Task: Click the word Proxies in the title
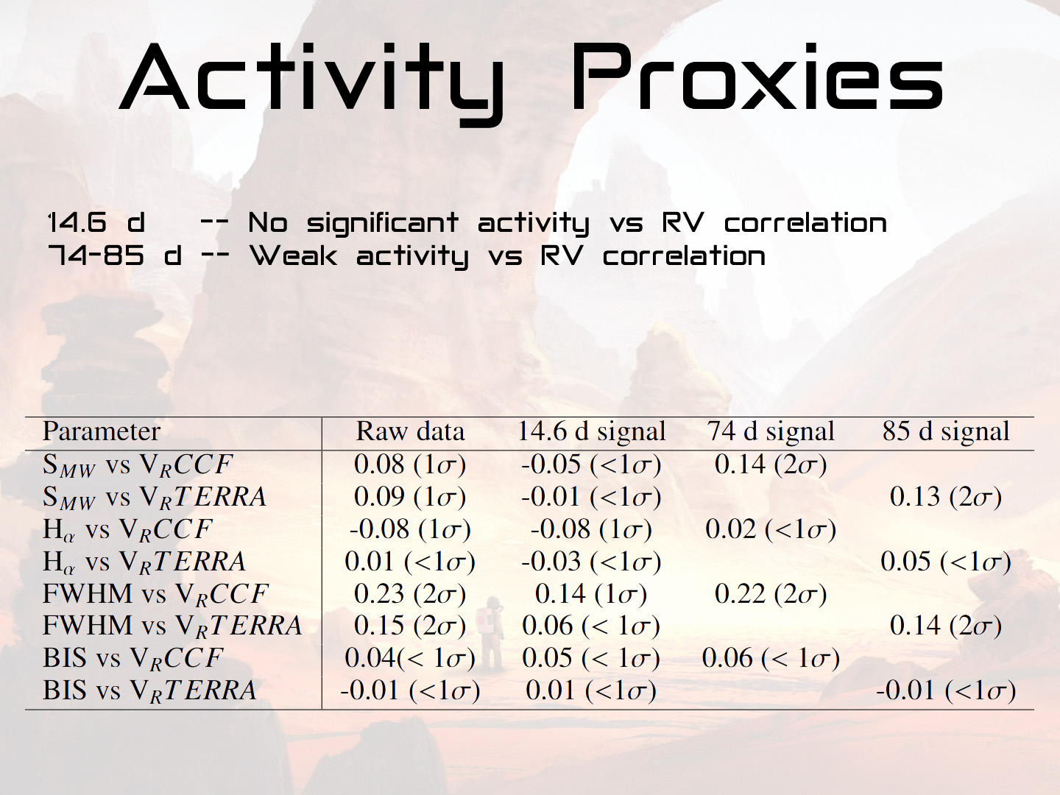[x=757, y=77]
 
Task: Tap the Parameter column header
[x=102, y=431]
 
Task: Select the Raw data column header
[x=410, y=431]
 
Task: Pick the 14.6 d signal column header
[x=592, y=431]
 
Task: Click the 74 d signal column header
[x=771, y=431]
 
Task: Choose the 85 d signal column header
[x=946, y=431]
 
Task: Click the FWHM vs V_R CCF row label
[x=155, y=594]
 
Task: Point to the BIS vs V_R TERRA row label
[x=149, y=690]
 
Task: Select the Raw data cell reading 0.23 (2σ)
[x=410, y=594]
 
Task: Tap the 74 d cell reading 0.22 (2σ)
[x=771, y=594]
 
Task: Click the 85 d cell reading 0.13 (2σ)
[x=946, y=497]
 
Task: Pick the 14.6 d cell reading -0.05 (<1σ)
[x=591, y=464]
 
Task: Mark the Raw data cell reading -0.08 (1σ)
[x=410, y=529]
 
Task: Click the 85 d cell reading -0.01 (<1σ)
[x=946, y=690]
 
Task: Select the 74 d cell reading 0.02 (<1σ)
[x=771, y=529]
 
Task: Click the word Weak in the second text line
[x=294, y=256]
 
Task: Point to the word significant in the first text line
[x=383, y=225]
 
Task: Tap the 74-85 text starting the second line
[x=96, y=255]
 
